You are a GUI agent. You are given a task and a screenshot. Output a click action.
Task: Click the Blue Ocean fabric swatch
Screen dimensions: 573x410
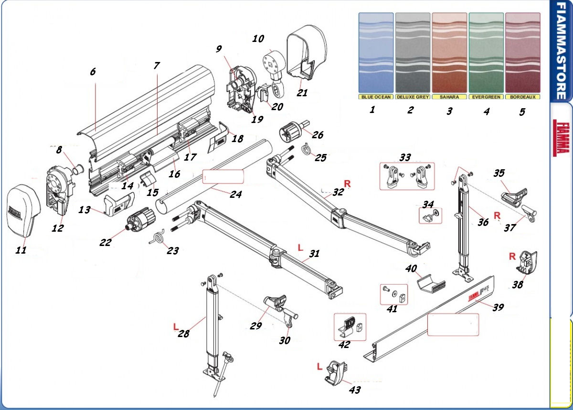click(x=376, y=53)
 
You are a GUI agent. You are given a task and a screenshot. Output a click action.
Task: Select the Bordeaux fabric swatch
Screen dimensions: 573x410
click(x=522, y=53)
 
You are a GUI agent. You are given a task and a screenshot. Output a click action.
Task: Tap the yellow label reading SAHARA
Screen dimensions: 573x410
click(x=449, y=97)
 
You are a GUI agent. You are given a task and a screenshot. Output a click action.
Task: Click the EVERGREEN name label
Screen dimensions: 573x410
click(x=486, y=97)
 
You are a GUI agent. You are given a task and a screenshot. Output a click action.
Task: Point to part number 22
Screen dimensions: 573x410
click(x=105, y=242)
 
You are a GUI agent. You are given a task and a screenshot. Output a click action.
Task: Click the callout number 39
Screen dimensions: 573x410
click(x=498, y=307)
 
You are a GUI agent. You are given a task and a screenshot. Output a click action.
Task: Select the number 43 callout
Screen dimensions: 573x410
click(x=354, y=390)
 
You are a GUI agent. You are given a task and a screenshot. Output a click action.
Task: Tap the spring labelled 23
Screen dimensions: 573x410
click(x=157, y=238)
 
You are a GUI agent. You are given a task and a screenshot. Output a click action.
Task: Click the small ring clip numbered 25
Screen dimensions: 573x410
click(x=305, y=149)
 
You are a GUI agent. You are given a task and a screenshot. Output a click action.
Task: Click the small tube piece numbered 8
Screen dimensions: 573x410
click(x=78, y=169)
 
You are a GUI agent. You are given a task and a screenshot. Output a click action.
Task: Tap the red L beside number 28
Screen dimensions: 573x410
click(x=176, y=326)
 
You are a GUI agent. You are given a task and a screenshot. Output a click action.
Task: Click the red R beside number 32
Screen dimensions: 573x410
click(x=347, y=184)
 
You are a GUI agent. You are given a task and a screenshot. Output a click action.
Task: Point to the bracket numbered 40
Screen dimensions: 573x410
click(x=431, y=284)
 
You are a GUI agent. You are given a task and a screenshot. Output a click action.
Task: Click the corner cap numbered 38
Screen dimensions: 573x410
click(x=528, y=263)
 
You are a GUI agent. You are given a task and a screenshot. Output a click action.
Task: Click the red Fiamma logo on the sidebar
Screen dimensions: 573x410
click(x=561, y=138)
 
